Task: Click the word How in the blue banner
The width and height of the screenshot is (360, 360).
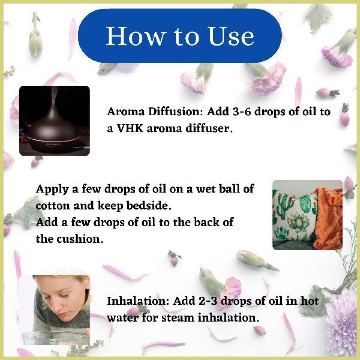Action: pyautogui.click(x=137, y=36)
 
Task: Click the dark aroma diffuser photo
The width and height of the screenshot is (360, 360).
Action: pyautogui.click(x=55, y=121)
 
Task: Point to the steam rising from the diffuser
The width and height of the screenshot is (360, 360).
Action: pyautogui.click(x=54, y=96)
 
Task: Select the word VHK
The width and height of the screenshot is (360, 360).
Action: pyautogui.click(x=130, y=128)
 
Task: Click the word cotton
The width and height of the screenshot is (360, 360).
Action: pyautogui.click(x=53, y=205)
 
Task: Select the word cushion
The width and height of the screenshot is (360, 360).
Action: pyautogui.click(x=80, y=239)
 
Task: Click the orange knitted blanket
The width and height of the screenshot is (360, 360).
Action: pyautogui.click(x=329, y=220)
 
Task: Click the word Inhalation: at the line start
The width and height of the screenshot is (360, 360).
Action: pyautogui.click(x=138, y=301)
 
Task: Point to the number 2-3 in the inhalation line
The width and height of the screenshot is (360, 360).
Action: pyautogui.click(x=208, y=301)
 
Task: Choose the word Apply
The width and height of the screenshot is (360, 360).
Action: pyautogui.click(x=52, y=190)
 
